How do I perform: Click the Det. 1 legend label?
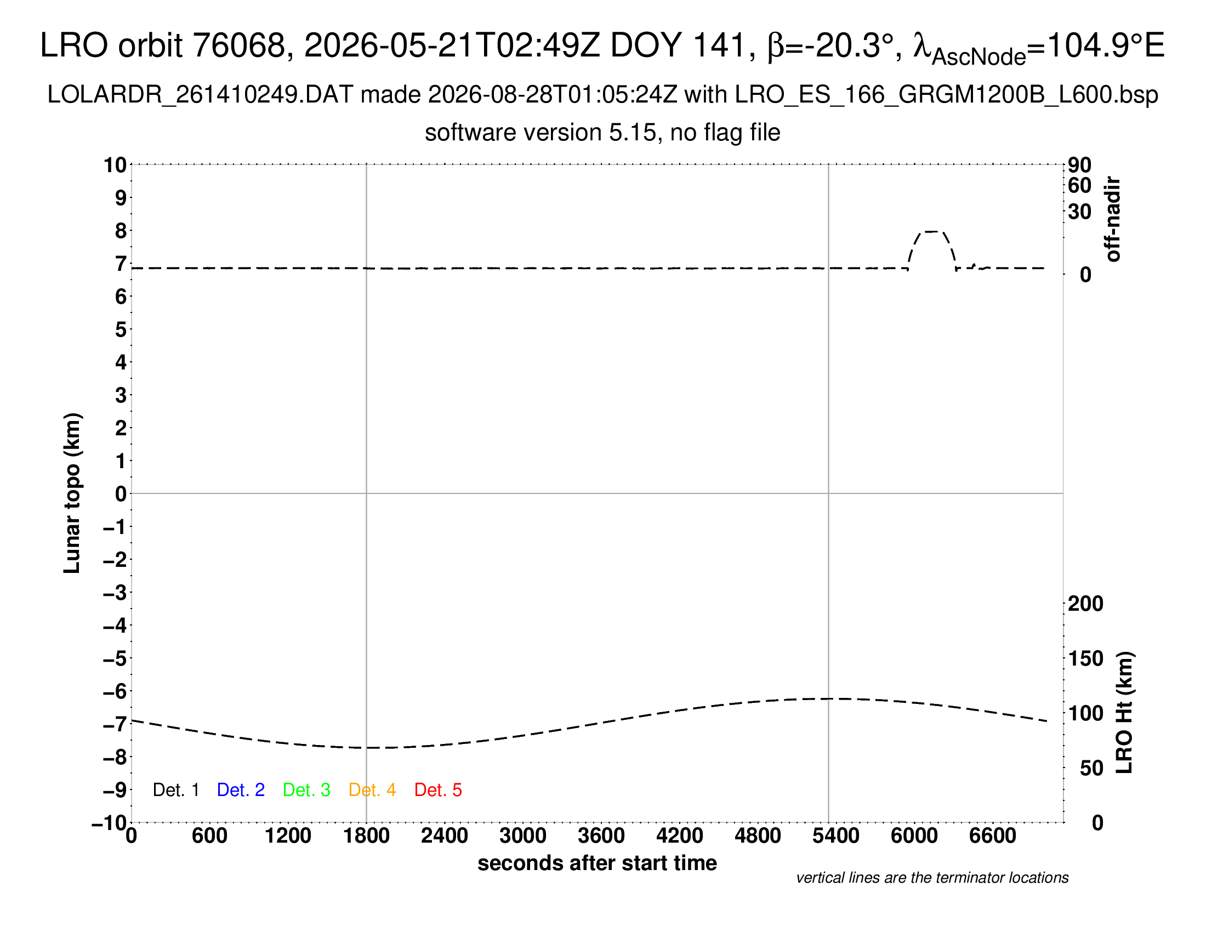(x=175, y=790)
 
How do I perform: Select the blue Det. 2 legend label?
(x=241, y=790)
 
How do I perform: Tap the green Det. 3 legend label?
(x=306, y=790)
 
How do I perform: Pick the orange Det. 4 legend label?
(x=372, y=790)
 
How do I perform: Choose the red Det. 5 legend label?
(x=438, y=790)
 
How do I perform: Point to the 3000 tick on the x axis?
(x=522, y=836)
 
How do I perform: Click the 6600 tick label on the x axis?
(x=992, y=836)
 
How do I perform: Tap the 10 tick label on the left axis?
(x=115, y=164)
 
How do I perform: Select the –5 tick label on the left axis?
(x=115, y=658)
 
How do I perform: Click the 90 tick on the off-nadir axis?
(x=1079, y=164)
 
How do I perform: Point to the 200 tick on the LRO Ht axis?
(x=1085, y=604)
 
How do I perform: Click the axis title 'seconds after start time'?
(x=597, y=863)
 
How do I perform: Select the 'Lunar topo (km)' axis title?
(x=72, y=493)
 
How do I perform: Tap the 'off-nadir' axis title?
(x=1112, y=219)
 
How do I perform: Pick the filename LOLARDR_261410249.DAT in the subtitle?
(x=201, y=95)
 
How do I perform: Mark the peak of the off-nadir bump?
(x=931, y=231)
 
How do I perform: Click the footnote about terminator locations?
(x=932, y=878)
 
